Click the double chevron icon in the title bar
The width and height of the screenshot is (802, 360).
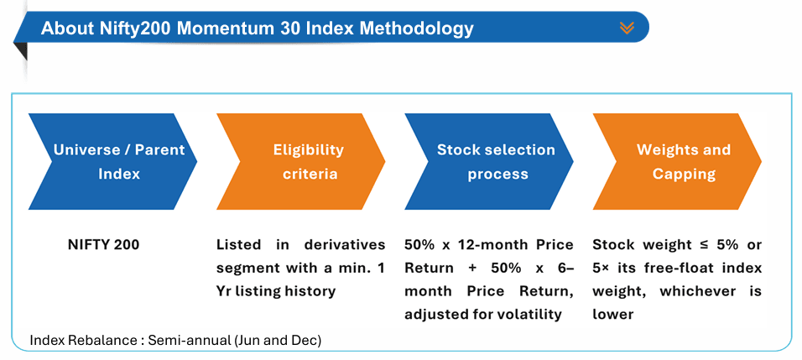pyautogui.click(x=626, y=28)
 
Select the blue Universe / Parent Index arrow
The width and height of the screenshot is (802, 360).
pyautogui.click(x=113, y=162)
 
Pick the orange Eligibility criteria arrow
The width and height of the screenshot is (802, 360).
pyautogui.click(x=301, y=162)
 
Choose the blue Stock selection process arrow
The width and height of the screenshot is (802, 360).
pyautogui.click(x=489, y=162)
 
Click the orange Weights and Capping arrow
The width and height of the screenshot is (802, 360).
pyautogui.click(x=677, y=162)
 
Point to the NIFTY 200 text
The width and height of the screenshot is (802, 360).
pyautogui.click(x=103, y=245)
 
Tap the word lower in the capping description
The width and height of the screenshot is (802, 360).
pyautogui.click(x=612, y=315)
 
